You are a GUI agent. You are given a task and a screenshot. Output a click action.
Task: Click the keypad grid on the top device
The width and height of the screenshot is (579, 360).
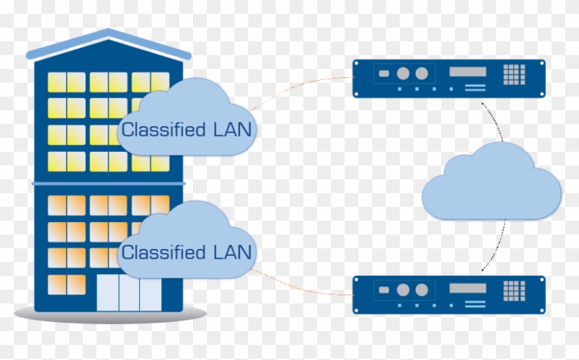coord(514,75)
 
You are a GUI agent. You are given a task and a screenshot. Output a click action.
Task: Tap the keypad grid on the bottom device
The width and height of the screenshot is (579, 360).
coord(514,290)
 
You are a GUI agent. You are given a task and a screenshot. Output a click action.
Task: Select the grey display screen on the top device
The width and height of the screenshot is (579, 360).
coord(467,72)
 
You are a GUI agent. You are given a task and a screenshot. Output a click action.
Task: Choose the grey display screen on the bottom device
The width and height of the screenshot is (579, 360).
coord(467,287)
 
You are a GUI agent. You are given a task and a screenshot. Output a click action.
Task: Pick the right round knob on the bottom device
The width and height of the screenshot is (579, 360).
coord(421,289)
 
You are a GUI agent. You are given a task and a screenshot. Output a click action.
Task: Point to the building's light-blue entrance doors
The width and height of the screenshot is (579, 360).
coord(129,293)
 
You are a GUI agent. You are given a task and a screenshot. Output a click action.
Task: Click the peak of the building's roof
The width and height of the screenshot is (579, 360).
coord(108,32)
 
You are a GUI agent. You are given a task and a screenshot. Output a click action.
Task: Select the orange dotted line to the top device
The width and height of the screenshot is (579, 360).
coord(303,86)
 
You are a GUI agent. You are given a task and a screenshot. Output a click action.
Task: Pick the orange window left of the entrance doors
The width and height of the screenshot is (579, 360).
coord(66,284)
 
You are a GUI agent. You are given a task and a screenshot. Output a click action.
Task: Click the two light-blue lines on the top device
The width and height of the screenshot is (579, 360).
coord(475,88)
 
